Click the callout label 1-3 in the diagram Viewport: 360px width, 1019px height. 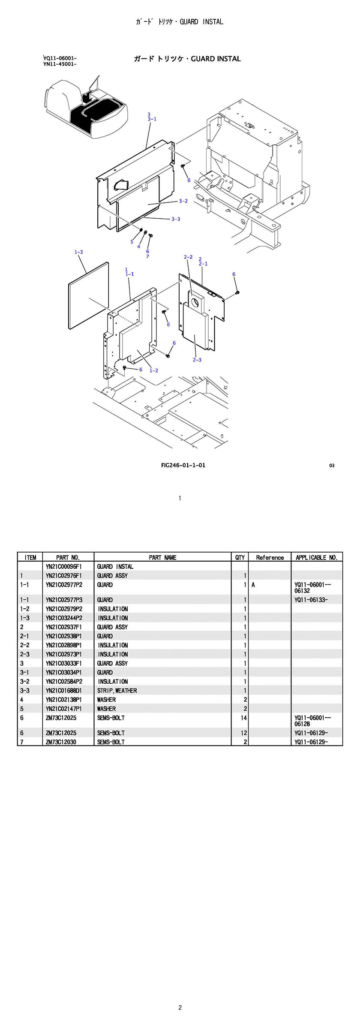[x=78, y=252]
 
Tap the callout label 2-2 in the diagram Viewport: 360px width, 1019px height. [x=188, y=257]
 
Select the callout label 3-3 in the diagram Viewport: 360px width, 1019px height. [x=176, y=219]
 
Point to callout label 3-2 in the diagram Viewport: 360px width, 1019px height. [x=183, y=201]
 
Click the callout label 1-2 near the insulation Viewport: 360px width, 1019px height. [x=154, y=370]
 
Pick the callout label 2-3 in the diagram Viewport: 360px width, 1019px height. [x=197, y=360]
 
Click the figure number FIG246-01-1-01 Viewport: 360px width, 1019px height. [x=183, y=465]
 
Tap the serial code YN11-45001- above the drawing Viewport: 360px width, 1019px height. [x=60, y=64]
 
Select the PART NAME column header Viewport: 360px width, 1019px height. [x=162, y=557]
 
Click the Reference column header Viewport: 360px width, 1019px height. [x=270, y=557]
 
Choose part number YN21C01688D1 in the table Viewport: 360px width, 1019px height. [x=63, y=691]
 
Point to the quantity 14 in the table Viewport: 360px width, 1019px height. [x=243, y=718]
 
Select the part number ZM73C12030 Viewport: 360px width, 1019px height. [x=61, y=742]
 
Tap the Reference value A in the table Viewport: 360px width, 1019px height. [x=253, y=585]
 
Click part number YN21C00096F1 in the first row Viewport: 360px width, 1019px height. [x=63, y=566]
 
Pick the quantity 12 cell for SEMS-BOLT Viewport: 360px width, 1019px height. [x=243, y=733]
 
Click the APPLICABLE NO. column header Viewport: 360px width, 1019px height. [x=316, y=557]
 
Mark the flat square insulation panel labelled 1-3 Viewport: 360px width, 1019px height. [x=89, y=296]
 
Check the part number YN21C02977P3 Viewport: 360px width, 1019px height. [x=64, y=600]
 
